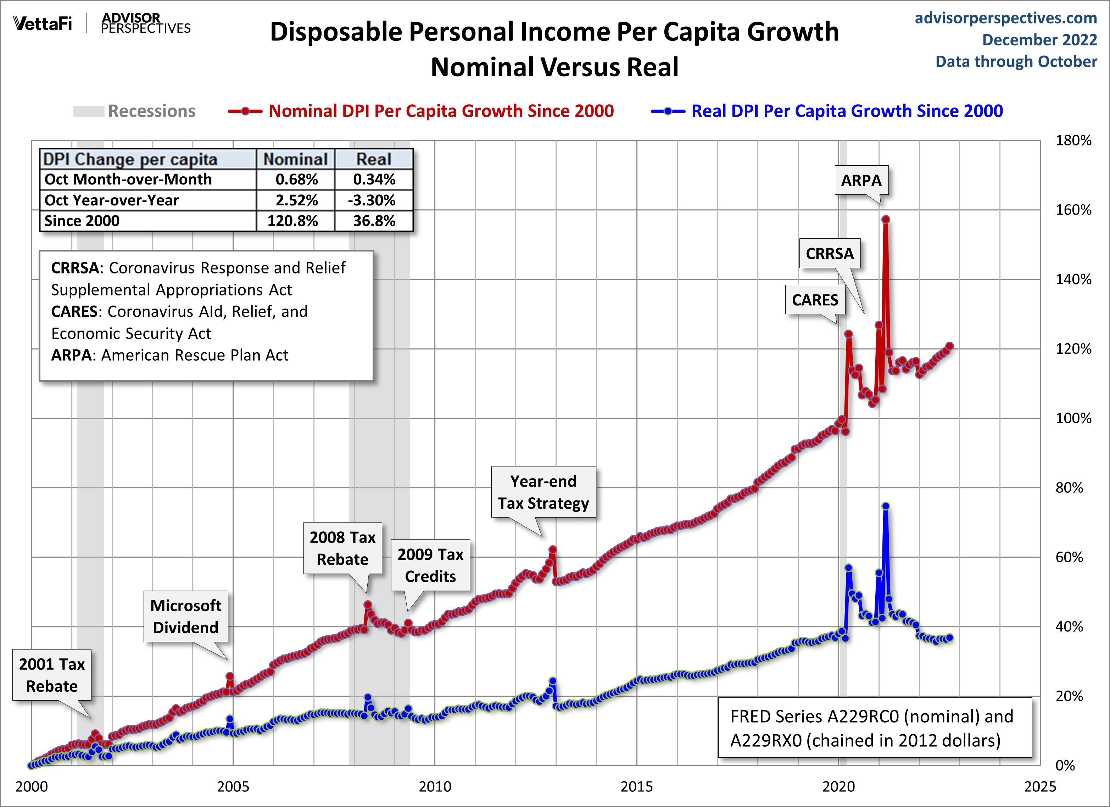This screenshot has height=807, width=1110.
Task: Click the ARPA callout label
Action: (861, 180)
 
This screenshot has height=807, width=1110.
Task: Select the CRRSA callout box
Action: (830, 253)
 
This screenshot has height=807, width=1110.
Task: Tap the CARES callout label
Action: (815, 300)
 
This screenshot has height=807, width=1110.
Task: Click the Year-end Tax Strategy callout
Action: (543, 492)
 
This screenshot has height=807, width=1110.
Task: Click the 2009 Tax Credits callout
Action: (430, 565)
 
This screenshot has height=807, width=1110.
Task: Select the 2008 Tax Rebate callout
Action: (342, 548)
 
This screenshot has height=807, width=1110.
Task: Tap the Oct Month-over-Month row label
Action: (128, 179)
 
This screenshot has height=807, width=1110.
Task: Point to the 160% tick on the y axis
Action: (1073, 210)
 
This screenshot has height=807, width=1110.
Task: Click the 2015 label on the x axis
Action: (636, 786)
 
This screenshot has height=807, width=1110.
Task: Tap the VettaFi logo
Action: (43, 23)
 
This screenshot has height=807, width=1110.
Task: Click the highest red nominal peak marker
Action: (885, 219)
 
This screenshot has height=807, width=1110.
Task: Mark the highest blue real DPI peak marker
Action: (885, 506)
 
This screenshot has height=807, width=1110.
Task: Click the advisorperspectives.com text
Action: (1006, 18)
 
